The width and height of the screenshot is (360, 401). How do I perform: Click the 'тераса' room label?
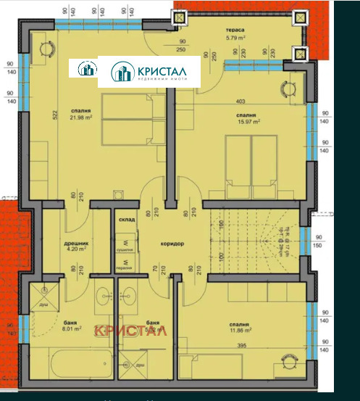(x=235, y=30)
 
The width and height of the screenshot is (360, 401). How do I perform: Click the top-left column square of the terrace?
(x=177, y=16)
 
